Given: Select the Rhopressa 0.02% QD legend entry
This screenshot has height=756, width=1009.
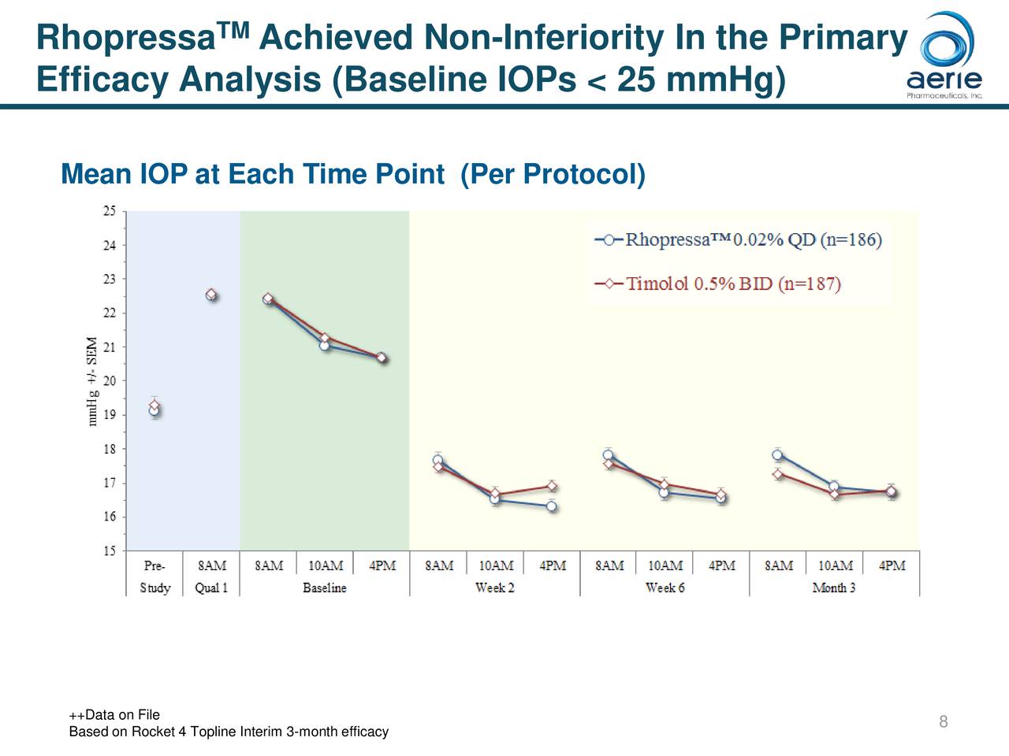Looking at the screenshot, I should [x=738, y=240].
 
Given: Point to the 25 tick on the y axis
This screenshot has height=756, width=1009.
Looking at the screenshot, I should [x=109, y=211].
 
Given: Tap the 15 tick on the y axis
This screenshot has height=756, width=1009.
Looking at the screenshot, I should [x=109, y=551].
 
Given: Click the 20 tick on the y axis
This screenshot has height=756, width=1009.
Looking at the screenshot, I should [x=109, y=381].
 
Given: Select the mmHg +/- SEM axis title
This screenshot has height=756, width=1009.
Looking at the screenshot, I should [x=93, y=382].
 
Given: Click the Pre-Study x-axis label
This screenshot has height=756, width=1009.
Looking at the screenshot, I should [x=155, y=576].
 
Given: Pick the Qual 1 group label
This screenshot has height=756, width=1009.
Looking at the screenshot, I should [x=211, y=588].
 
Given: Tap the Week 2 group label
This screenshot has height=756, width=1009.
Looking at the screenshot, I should [x=494, y=588].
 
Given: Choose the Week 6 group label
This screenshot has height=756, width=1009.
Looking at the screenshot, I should [x=665, y=588].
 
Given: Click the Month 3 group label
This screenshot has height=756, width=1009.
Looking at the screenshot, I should [x=834, y=588].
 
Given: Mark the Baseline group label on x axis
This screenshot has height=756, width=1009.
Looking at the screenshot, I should [x=324, y=588].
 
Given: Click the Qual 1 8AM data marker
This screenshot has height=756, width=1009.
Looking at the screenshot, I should [x=211, y=295].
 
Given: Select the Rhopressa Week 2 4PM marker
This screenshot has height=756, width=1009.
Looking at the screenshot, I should [x=552, y=506].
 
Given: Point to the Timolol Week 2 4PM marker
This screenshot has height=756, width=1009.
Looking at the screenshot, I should [x=552, y=486].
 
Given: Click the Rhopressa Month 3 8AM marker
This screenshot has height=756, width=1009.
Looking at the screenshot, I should [x=778, y=454].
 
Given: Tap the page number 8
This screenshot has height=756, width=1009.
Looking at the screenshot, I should [x=943, y=722].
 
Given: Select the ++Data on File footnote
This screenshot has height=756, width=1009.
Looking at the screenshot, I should [x=114, y=715].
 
